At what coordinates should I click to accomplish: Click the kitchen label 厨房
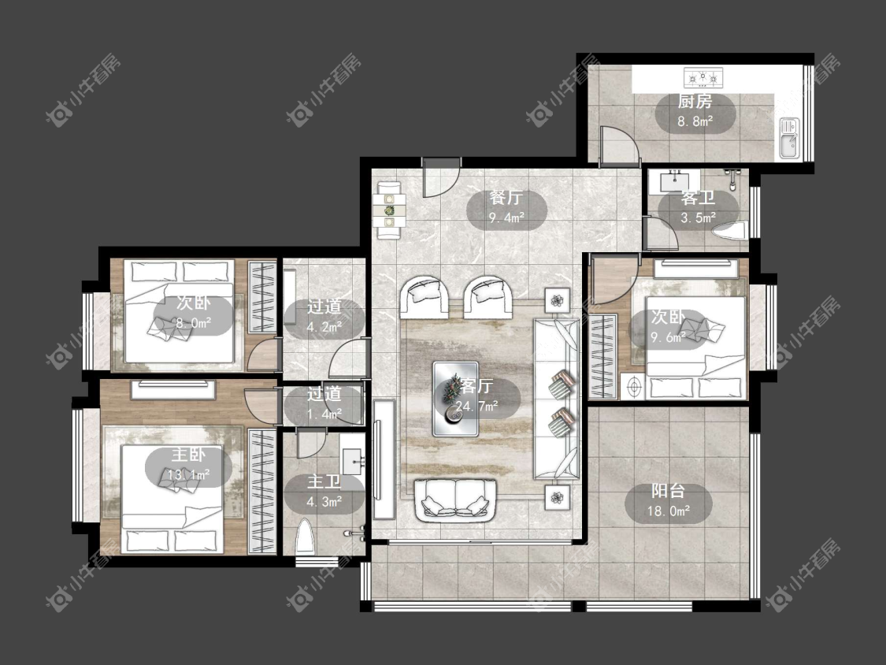point(695,102)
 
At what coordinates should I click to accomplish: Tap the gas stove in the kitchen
point(703,77)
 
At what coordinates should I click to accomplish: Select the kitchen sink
point(789,137)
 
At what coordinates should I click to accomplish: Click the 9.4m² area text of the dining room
point(507,217)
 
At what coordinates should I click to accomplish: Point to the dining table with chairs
point(391,210)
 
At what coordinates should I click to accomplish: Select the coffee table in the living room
point(455,399)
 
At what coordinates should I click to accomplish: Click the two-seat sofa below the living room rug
point(455,500)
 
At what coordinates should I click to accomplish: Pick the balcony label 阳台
point(669,491)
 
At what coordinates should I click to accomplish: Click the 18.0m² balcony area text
point(669,512)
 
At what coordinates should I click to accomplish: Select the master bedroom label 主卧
point(188,455)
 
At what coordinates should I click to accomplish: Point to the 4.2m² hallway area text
point(324,327)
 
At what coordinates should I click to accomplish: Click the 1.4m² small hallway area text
point(324,414)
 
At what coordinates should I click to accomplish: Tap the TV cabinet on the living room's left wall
point(383,459)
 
